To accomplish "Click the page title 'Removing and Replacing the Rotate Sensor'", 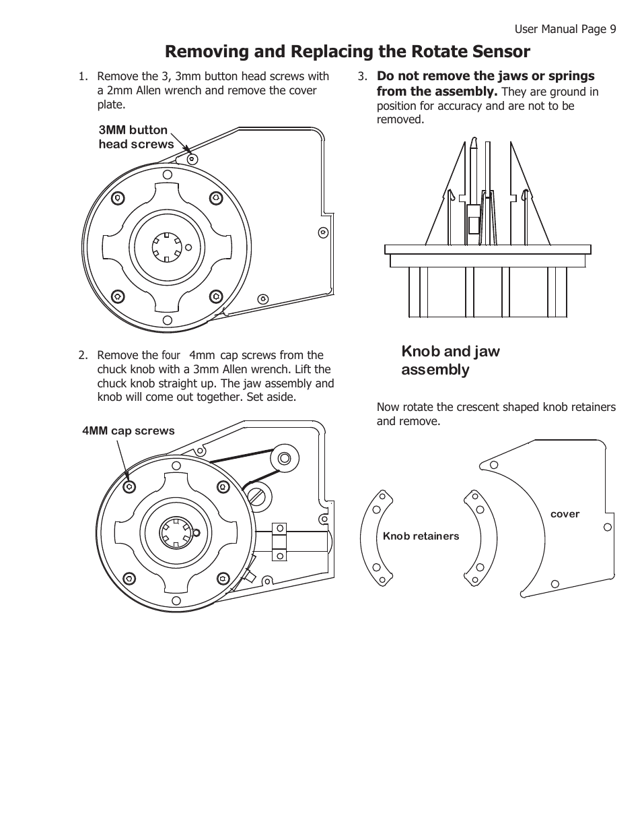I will (347, 52).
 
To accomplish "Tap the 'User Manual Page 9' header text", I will (565, 28).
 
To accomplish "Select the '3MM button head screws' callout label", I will (135, 137).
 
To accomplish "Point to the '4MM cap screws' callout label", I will (128, 431).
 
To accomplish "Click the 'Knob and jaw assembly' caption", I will (450, 360).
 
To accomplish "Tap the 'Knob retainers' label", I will (421, 536).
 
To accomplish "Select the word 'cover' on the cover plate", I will (565, 514).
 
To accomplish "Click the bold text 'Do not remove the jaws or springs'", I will (485, 76).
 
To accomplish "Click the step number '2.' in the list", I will (83, 355).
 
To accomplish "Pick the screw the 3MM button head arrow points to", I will (192, 160).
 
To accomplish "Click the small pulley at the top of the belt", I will (283, 459).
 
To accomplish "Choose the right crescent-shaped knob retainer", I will (482, 537).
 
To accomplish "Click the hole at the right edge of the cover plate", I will (607, 527).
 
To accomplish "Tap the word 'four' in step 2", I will (172, 355).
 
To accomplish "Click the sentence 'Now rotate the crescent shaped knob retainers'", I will (495, 407).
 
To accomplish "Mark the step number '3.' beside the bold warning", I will (362, 76).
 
